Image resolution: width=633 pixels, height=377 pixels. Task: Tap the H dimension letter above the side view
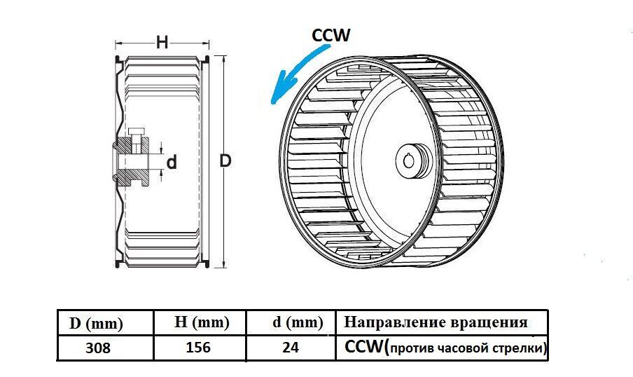(162, 42)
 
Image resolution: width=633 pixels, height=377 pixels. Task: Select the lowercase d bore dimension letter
(171, 163)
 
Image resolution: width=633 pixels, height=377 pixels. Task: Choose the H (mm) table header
(202, 323)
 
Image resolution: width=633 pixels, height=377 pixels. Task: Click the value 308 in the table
(99, 348)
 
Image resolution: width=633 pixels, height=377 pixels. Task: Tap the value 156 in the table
(200, 348)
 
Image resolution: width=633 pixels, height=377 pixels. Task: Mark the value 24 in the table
(290, 348)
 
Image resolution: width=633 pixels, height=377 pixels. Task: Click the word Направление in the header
(393, 323)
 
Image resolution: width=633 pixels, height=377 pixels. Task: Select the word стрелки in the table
(518, 348)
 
